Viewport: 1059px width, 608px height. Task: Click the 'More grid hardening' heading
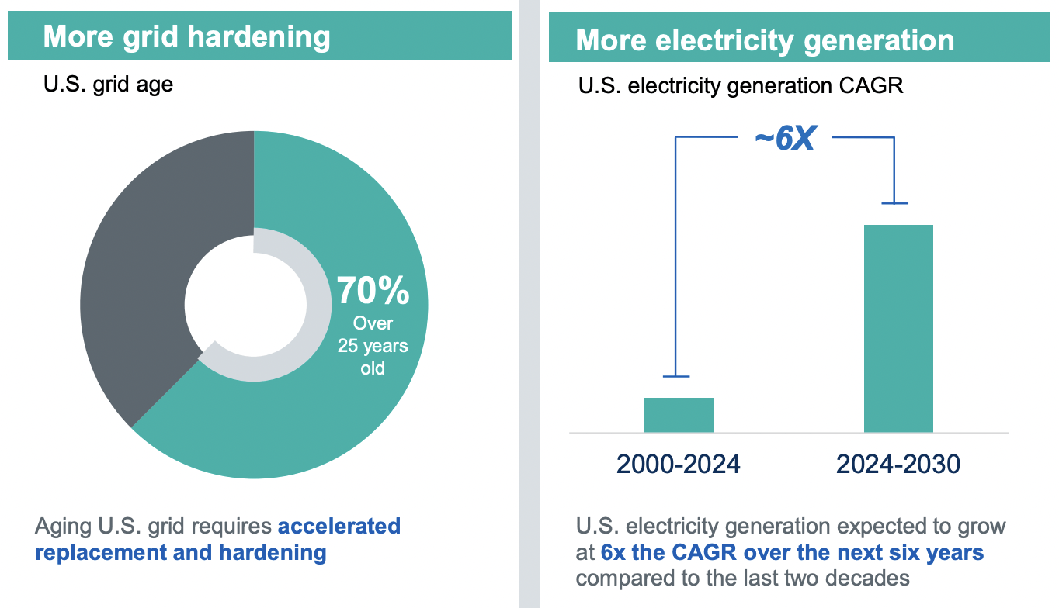[186, 36]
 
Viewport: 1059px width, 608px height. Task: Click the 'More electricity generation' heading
[765, 40]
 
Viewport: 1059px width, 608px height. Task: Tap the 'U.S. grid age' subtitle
[108, 84]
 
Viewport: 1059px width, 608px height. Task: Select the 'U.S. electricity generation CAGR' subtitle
[741, 85]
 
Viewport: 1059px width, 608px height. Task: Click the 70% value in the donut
[373, 292]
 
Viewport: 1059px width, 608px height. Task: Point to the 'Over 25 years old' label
[373, 345]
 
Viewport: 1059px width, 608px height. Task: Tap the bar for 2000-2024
[679, 415]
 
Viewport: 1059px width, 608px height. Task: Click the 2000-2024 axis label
[679, 464]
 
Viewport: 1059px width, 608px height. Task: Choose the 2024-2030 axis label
[898, 464]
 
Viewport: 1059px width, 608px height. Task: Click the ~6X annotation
[784, 140]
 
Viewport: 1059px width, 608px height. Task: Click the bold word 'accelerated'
[339, 526]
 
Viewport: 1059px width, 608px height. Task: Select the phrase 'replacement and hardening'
[180, 552]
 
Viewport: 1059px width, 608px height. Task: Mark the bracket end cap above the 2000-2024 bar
[676, 377]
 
